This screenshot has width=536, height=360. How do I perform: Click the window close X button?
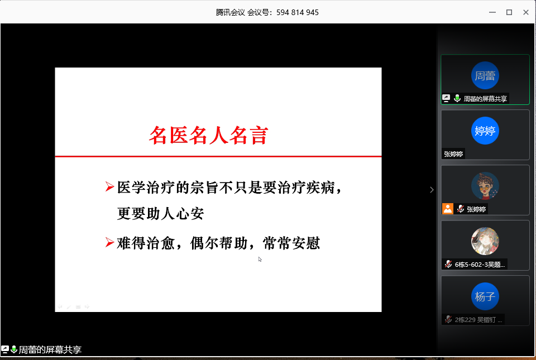[x=526, y=12]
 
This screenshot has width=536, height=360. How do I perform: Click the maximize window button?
[x=509, y=12]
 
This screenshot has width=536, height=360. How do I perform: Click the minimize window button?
[x=492, y=12]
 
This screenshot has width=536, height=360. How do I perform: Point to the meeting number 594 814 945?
[x=298, y=13]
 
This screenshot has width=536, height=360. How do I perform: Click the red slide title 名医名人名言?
[x=208, y=135]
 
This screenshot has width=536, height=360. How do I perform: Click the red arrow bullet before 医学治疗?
[x=109, y=186]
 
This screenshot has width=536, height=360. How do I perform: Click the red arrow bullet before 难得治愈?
[x=109, y=242]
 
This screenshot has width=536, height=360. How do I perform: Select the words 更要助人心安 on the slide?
[x=160, y=214]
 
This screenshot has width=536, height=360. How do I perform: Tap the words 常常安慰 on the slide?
[x=291, y=243]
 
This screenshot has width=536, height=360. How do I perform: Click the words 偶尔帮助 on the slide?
[x=219, y=243]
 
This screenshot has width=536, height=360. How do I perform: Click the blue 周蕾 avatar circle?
[x=485, y=75]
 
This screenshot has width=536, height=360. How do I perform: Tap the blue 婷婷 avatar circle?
[x=485, y=131]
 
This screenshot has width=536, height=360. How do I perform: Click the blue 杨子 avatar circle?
[x=485, y=296]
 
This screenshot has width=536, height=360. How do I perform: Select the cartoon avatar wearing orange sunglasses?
[x=485, y=186]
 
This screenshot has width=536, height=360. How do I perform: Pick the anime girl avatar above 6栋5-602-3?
[x=485, y=241]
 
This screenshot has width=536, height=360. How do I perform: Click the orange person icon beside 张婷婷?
[x=447, y=209]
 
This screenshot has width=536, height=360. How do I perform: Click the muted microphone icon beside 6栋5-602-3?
[x=448, y=264]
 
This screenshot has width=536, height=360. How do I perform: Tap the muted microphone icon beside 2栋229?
[x=448, y=319]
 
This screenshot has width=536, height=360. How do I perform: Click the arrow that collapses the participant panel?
[x=432, y=190]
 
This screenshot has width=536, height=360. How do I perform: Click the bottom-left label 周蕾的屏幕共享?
[x=50, y=350]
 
